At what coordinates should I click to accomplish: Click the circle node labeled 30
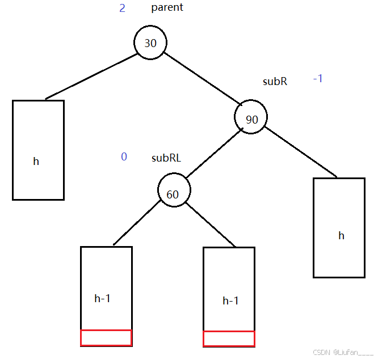(150, 43)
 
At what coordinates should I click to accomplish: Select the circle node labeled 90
(250, 118)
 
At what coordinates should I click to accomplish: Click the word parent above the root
(167, 8)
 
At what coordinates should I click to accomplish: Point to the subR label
(275, 82)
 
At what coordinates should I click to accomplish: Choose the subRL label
(166, 158)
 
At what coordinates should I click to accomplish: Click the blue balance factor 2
(122, 9)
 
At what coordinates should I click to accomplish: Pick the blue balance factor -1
(318, 79)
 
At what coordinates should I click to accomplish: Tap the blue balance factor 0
(124, 157)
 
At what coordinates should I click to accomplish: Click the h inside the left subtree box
(36, 162)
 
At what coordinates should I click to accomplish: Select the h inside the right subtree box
(341, 235)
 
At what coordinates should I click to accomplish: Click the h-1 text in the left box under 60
(102, 298)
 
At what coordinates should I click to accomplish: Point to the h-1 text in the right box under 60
(230, 301)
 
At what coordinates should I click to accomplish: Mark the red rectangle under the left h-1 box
(106, 338)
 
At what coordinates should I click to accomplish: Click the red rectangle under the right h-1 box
(229, 338)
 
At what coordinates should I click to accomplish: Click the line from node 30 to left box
(91, 77)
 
